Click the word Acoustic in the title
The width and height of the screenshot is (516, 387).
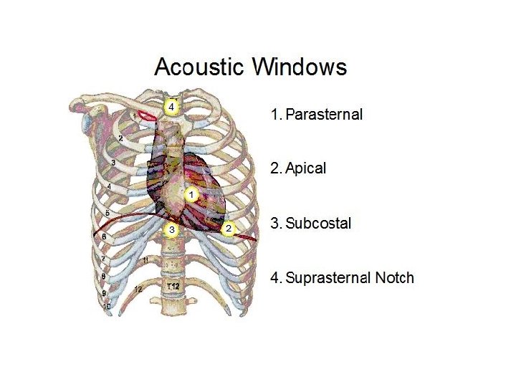point(200,67)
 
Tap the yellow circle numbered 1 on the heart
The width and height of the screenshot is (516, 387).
point(191,194)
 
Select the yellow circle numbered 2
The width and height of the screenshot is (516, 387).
point(228,229)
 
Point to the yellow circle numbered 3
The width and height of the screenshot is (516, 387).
point(171,229)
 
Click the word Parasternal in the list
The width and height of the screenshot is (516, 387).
point(324,114)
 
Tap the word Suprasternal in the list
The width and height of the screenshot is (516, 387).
point(328,277)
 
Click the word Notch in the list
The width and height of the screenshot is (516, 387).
point(395,277)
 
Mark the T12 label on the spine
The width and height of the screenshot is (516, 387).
point(173,287)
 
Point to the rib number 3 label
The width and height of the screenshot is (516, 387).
point(113,163)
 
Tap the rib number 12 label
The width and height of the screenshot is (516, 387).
point(138,289)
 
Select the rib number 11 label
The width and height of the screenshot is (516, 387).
point(146,259)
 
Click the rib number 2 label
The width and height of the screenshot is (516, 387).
point(120,138)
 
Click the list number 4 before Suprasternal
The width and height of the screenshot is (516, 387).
point(274,277)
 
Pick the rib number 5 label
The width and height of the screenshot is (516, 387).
point(107,214)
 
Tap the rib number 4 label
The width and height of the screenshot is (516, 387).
point(109,187)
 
